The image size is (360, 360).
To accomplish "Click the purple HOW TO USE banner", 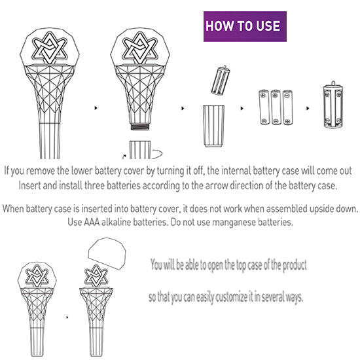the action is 245,26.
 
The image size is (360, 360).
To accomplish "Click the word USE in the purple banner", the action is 268,26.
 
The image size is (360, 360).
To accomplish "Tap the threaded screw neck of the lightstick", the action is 140,127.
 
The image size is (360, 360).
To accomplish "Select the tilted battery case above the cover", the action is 221,81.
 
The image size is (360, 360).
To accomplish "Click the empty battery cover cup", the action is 214,126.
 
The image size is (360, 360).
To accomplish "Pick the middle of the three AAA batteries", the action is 276,107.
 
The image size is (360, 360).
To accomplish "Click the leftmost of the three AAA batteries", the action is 264,107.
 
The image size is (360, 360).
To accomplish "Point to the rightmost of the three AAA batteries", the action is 288,107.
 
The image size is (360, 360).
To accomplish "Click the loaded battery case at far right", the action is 333,105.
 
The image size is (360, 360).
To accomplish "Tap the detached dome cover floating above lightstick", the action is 107,253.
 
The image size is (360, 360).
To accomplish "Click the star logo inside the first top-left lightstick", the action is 49,48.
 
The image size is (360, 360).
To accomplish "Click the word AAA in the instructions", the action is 92,222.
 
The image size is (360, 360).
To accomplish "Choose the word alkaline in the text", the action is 117,222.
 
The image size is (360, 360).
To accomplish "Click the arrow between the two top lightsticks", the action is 96,108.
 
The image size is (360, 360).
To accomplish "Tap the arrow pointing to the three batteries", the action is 242,108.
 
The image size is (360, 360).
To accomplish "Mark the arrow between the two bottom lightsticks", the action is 67,317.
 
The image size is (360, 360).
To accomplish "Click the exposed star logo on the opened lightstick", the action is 96,276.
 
